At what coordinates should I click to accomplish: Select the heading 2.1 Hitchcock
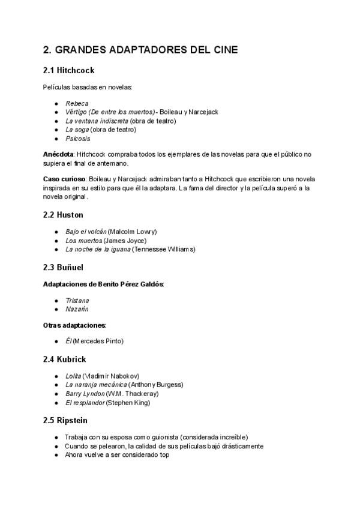68,70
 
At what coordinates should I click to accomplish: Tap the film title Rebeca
77,103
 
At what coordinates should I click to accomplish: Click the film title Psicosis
78,138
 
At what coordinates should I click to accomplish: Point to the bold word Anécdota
59,154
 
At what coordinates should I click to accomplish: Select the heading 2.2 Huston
63,214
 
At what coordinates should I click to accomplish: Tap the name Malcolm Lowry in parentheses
133,232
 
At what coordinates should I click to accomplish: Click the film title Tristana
77,300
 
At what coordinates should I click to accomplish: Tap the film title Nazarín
77,309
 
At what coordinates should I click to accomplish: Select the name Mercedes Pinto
98,341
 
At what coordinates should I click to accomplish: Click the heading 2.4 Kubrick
65,359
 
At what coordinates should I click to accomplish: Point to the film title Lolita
73,376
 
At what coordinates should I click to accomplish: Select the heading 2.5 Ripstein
67,420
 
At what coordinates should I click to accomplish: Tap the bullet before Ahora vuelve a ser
56,455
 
